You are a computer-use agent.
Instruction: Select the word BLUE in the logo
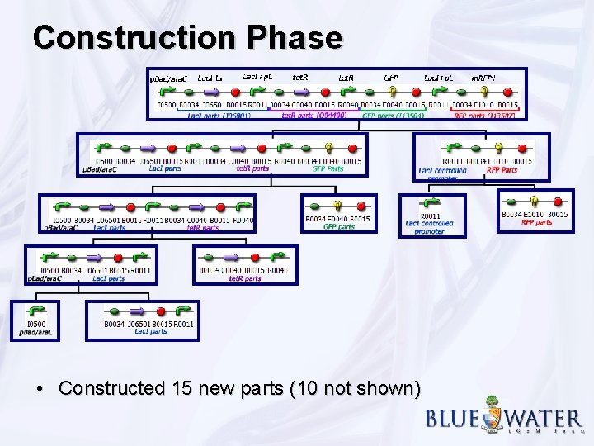(x=451, y=418)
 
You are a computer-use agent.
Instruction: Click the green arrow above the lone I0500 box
(x=37, y=311)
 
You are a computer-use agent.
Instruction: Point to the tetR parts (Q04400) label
(x=313, y=116)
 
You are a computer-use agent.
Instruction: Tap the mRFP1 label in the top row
(x=483, y=78)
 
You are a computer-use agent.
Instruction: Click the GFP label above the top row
(x=391, y=78)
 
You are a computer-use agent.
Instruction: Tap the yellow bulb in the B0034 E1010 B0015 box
(x=535, y=201)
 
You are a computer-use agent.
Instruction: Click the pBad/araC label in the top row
(x=168, y=78)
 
